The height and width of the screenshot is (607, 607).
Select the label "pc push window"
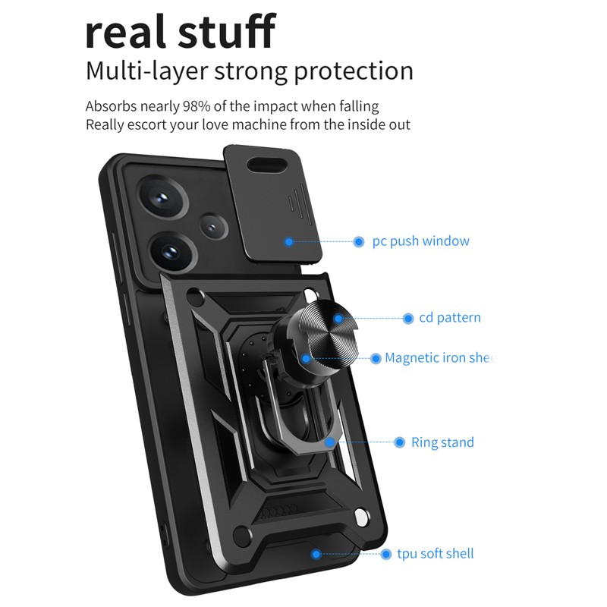(420, 241)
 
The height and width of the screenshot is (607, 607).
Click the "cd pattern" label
(450, 318)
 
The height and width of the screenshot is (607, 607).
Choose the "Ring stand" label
(442, 442)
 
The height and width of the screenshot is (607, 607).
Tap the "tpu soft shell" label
(436, 553)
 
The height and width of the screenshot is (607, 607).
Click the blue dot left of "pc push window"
(359, 242)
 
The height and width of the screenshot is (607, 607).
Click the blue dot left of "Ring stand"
(399, 442)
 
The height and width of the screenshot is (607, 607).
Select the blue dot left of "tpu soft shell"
(385, 554)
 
